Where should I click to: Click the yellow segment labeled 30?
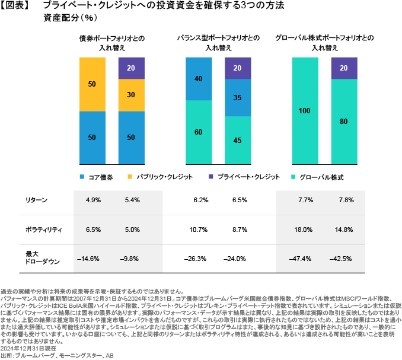pos(131,94)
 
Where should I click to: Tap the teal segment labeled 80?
pos(343,122)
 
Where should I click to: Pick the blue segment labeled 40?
pos(199,79)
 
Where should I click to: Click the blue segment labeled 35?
pos(238,98)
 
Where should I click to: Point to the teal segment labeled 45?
pos(238,141)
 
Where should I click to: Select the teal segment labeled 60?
pos(199,132)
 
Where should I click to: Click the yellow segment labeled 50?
pos(92,84)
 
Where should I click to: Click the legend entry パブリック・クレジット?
pos(151,177)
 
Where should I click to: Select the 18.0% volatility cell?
pos(304,228)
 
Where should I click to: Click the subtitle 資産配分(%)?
pos(62,18)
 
